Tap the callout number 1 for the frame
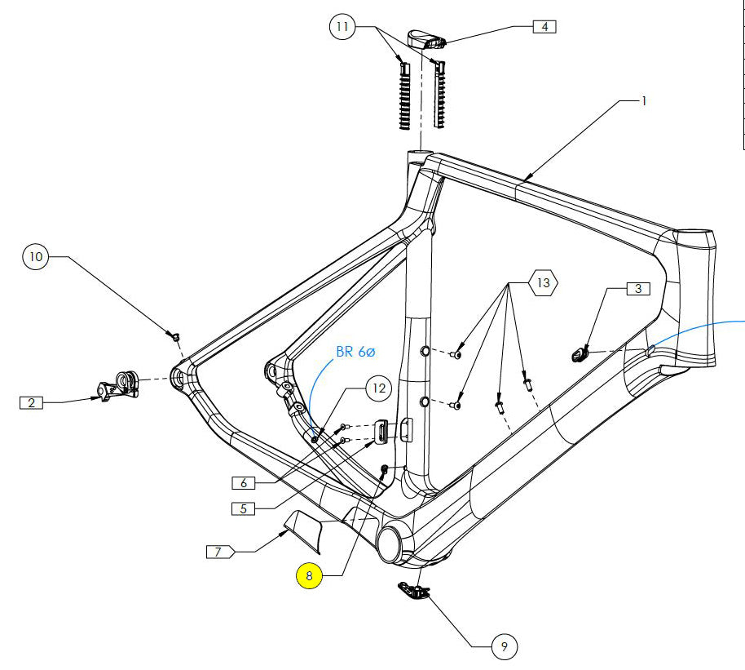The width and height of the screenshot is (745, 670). pyautogui.click(x=643, y=101)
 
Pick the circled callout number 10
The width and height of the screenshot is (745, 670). pyautogui.click(x=36, y=257)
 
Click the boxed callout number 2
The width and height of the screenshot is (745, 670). pyautogui.click(x=31, y=402)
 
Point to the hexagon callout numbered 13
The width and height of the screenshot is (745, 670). pyautogui.click(x=544, y=283)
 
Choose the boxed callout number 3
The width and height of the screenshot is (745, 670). pyautogui.click(x=638, y=288)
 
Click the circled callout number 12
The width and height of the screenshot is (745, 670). pyautogui.click(x=378, y=388)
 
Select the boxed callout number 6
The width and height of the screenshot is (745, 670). pyautogui.click(x=244, y=483)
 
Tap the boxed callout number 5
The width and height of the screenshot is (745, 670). pyautogui.click(x=243, y=508)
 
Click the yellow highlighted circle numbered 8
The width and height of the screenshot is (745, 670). pyautogui.click(x=309, y=575)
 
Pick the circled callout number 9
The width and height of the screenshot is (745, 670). pyautogui.click(x=505, y=647)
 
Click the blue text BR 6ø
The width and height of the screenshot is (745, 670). pyautogui.click(x=355, y=353)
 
